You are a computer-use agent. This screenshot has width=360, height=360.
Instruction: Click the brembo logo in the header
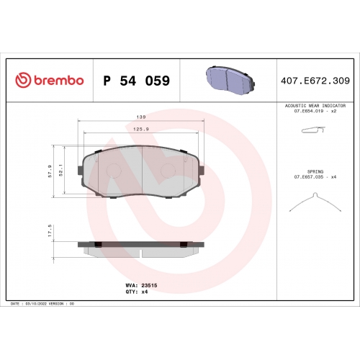50,80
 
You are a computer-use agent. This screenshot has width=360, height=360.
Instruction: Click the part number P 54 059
137,81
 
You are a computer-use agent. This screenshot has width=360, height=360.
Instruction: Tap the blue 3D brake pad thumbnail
230,79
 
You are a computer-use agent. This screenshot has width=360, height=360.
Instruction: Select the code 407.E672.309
315,81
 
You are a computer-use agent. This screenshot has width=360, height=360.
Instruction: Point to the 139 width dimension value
141,117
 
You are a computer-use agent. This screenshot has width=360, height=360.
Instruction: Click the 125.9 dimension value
141,129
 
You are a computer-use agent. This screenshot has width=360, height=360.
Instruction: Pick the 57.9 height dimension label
50,171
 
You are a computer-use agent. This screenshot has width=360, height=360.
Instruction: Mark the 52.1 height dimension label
60,170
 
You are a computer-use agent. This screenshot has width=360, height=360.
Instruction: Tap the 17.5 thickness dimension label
50,230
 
